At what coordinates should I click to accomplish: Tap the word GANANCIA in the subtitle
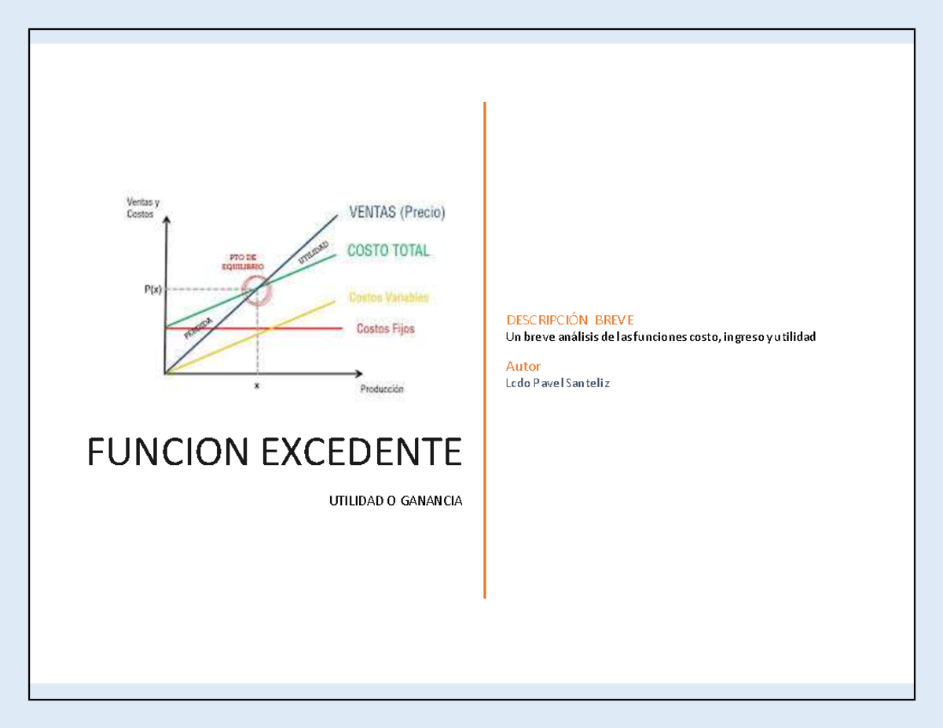pos(431,501)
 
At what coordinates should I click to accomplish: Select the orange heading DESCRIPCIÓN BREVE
pos(570,320)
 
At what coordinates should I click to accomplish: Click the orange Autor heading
pos(523,366)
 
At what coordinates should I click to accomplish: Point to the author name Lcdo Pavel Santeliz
pos(558,383)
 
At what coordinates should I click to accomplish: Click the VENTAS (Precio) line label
pos(397,212)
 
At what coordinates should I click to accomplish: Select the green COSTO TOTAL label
pos(388,251)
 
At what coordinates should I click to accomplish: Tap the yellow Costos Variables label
pos(389,298)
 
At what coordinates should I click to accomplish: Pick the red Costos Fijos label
pos(385,328)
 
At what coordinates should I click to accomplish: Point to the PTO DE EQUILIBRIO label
pos(247,262)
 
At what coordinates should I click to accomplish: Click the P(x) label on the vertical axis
pos(152,289)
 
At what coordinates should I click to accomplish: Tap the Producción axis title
pos(382,388)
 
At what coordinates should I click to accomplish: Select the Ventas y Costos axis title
pos(142,208)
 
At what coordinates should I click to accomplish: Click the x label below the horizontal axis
pos(256,386)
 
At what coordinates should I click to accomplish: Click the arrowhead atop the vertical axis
pos(165,221)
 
